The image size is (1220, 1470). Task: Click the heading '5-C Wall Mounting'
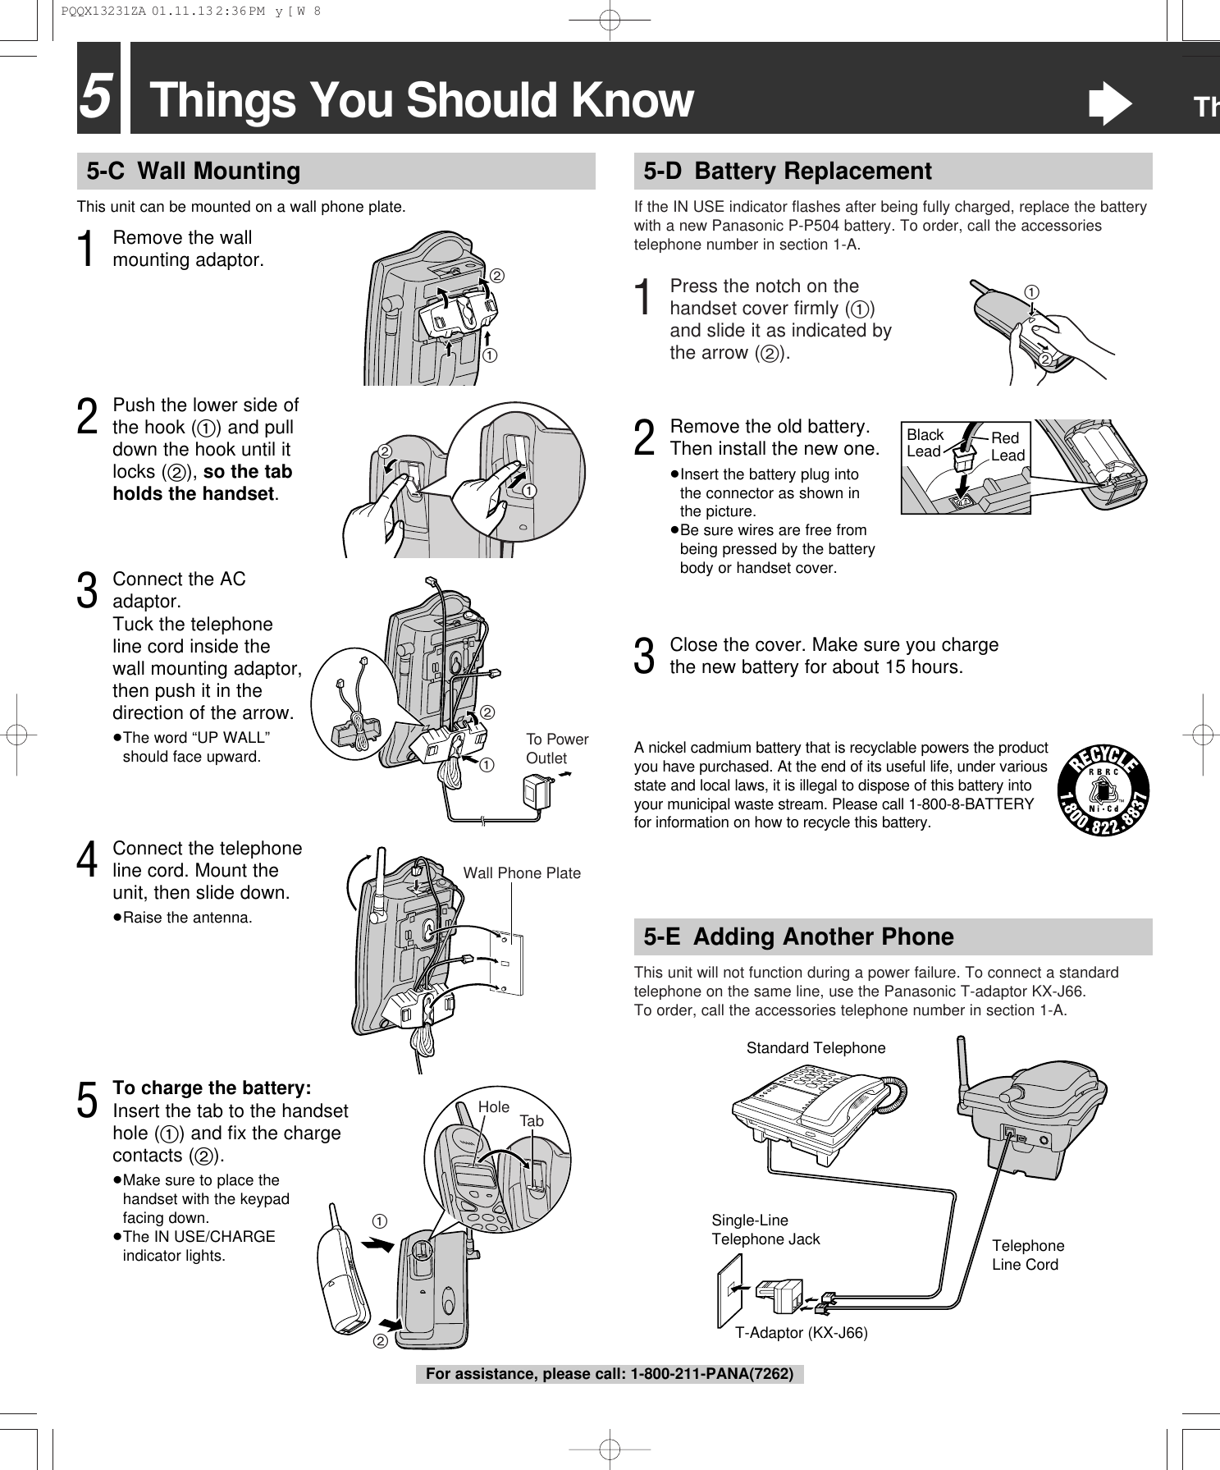click(x=194, y=172)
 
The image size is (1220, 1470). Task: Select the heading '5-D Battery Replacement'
click(x=788, y=172)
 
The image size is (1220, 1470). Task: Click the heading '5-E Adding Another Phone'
click(x=798, y=936)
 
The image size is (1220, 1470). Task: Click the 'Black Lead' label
click(x=925, y=443)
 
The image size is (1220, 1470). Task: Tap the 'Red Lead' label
click(x=1008, y=446)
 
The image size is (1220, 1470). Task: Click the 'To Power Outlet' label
click(x=556, y=749)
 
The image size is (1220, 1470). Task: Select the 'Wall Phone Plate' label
click(x=522, y=872)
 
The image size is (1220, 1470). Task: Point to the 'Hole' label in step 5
click(x=493, y=1106)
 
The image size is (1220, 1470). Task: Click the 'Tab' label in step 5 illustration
click(x=531, y=1121)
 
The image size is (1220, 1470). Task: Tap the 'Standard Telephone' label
click(x=816, y=1048)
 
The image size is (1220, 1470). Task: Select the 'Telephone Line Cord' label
click(x=1028, y=1256)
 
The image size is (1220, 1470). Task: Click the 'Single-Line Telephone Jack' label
click(x=765, y=1230)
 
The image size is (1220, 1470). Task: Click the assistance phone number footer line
click(x=609, y=1373)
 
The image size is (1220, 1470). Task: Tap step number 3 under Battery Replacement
click(x=646, y=656)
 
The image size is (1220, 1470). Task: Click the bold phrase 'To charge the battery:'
click(x=212, y=1088)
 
